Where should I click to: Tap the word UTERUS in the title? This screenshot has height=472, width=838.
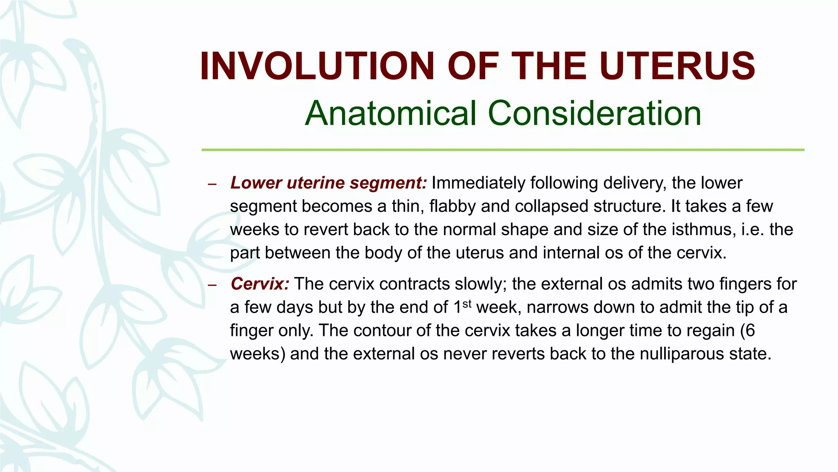point(677,66)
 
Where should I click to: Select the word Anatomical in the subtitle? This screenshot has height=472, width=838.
point(391,113)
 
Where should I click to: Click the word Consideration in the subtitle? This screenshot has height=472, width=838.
point(595,113)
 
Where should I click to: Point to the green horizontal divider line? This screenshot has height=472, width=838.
point(502,150)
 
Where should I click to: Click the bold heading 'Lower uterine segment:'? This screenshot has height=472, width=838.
point(329,183)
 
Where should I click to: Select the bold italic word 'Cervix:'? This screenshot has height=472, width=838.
point(260,284)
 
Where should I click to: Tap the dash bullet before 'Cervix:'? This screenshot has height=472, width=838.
point(212,285)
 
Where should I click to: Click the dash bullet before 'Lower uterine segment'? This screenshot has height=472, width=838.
point(212,184)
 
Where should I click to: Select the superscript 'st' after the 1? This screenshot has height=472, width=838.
point(467,304)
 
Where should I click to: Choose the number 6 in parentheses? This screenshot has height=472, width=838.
point(750,330)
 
